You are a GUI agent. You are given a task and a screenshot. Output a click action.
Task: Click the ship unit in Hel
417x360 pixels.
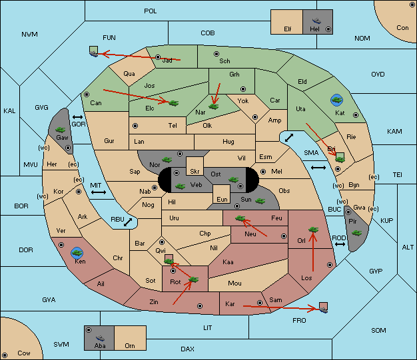point(316,21)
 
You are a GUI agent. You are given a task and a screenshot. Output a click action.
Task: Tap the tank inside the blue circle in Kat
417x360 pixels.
point(336,100)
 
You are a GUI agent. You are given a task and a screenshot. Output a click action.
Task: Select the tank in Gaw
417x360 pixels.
point(61,130)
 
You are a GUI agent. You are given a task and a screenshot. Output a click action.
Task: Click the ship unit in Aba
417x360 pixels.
point(100,338)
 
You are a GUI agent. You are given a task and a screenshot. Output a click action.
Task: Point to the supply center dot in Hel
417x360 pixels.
point(328,29)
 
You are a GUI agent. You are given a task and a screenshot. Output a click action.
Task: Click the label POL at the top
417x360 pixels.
point(151,11)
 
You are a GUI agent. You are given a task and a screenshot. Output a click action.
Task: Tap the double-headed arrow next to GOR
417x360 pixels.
point(77,117)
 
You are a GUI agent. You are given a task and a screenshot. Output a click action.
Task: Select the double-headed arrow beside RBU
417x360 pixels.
point(128,222)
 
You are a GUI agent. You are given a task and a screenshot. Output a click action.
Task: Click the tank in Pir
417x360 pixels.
point(356,233)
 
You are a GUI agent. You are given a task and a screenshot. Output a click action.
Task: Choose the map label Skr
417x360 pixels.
point(195,172)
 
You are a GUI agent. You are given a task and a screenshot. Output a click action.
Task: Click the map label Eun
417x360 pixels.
point(222,199)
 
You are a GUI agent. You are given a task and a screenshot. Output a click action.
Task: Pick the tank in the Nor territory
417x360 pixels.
point(167,160)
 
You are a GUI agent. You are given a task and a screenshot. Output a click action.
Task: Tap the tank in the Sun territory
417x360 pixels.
point(260,201)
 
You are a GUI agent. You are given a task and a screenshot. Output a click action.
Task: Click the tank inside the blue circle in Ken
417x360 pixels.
point(77,253)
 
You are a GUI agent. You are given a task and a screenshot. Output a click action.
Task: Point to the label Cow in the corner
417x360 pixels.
point(24,353)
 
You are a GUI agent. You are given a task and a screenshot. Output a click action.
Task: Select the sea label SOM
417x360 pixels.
point(378,331)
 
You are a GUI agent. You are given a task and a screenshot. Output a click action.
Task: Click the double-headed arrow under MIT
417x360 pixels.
point(99,192)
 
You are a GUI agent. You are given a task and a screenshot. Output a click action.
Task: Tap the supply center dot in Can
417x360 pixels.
point(87,94)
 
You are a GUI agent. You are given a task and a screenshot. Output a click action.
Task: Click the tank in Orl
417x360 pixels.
point(313,230)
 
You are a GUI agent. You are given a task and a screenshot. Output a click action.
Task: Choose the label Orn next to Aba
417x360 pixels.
point(130,345)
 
